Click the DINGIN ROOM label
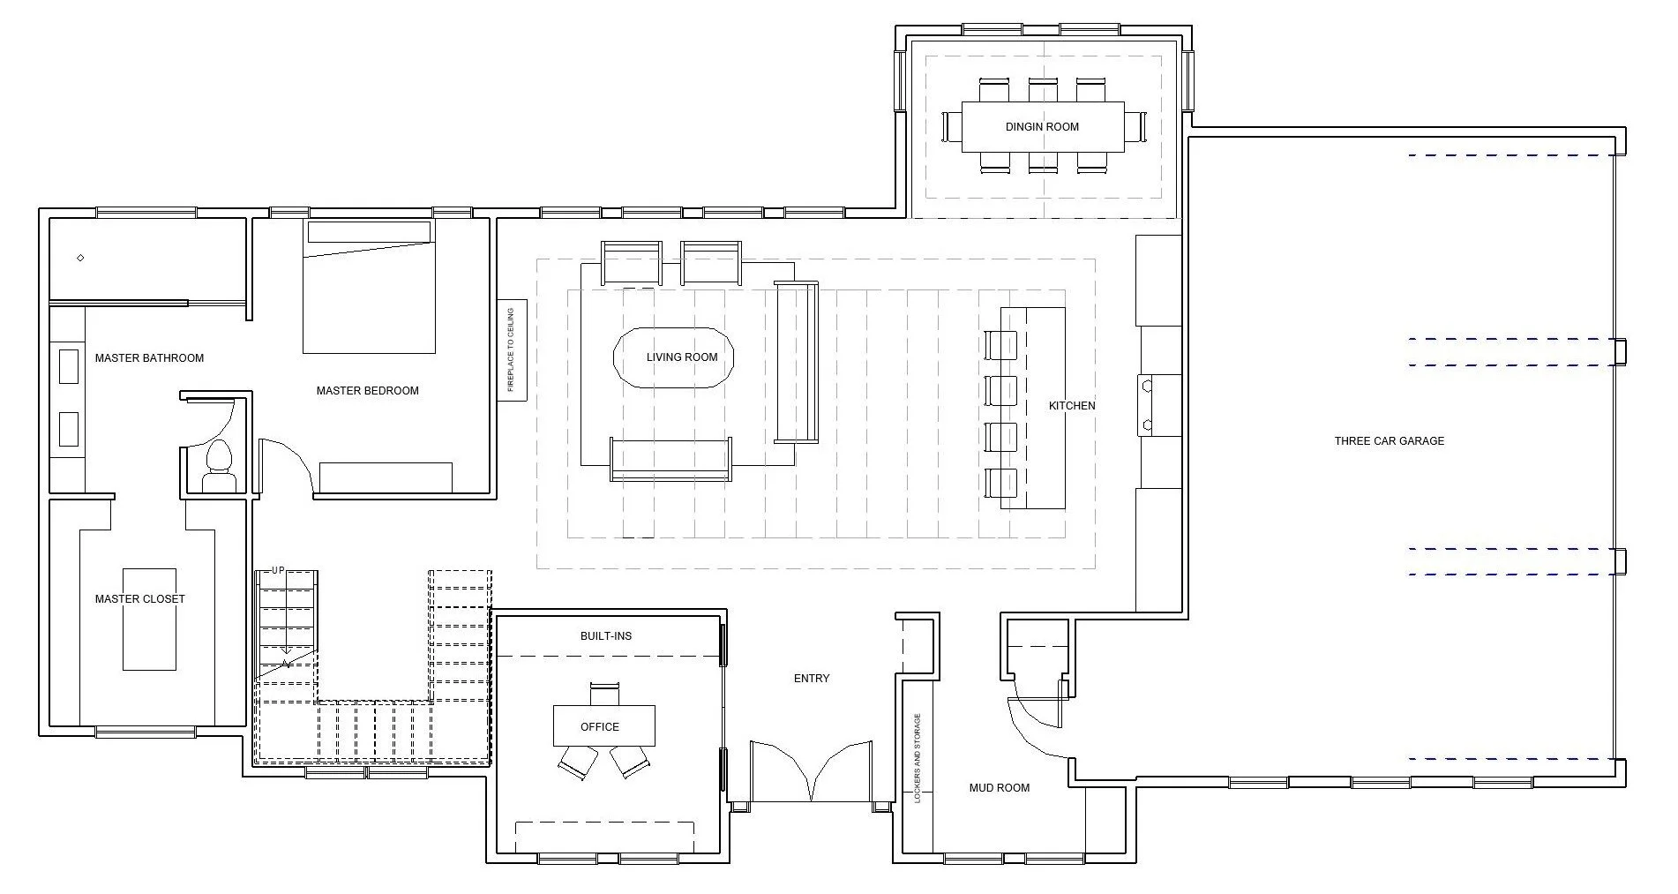pyautogui.click(x=1042, y=127)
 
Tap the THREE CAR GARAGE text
pyautogui.click(x=1390, y=441)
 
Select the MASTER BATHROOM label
pyautogui.click(x=149, y=358)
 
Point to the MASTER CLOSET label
pyautogui.click(x=140, y=599)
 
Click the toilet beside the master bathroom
pyautogui.click(x=218, y=465)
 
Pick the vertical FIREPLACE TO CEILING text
pyautogui.click(x=511, y=350)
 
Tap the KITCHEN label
pyautogui.click(x=1072, y=406)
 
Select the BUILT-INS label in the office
pyautogui.click(x=606, y=636)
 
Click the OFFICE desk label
pyautogui.click(x=600, y=727)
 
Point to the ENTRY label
pyautogui.click(x=812, y=679)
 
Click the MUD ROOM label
pyautogui.click(x=1000, y=788)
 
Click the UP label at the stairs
pyautogui.click(x=279, y=570)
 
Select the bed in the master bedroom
pyautogui.click(x=369, y=286)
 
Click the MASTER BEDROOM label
pyautogui.click(x=368, y=391)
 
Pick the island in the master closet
pyautogui.click(x=149, y=620)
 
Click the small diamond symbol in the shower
pyautogui.click(x=80, y=258)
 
